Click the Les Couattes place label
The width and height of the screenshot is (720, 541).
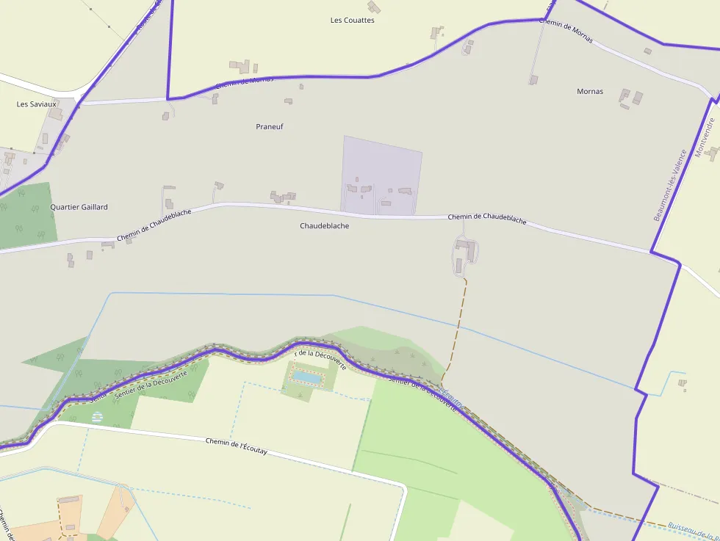point(353,21)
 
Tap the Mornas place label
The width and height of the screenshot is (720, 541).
point(590,92)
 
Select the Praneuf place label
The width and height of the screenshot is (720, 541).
point(270,127)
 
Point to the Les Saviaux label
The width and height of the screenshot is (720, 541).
point(37,104)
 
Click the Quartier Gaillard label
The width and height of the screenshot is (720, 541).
point(79,207)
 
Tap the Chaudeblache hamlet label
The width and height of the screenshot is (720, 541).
point(324,226)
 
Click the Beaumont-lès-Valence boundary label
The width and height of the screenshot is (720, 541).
point(669,186)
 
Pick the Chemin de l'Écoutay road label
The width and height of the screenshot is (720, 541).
point(236,446)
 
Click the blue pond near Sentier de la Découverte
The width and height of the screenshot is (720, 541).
point(306,377)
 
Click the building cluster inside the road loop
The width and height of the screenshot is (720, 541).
point(464,251)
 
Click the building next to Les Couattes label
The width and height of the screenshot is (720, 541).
point(374,7)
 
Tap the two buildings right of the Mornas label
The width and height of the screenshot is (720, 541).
point(631,98)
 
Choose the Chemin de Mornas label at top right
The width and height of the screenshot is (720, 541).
point(566,30)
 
